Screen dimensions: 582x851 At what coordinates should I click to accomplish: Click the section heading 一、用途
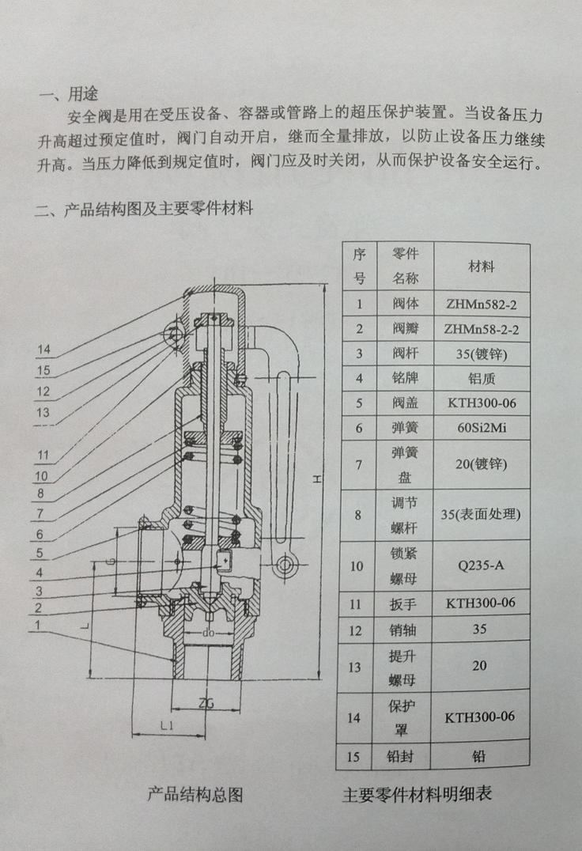pos(68,94)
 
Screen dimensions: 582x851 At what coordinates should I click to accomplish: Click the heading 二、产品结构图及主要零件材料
pos(144,209)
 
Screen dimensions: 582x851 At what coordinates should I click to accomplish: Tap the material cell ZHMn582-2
pos(481,304)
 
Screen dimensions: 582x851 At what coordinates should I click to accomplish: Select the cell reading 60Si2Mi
pos(481,428)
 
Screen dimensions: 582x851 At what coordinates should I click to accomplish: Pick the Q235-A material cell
pos(481,565)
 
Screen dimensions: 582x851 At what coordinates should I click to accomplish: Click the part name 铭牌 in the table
pos(405,378)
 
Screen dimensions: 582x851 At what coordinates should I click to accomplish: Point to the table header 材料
pos(481,267)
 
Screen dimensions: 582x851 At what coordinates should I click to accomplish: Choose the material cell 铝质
pos(481,378)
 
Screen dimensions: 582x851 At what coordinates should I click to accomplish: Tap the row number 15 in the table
pos(353,756)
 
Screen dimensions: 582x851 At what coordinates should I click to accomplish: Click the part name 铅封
pos(400,755)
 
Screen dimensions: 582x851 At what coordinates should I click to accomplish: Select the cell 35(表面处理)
pos(481,514)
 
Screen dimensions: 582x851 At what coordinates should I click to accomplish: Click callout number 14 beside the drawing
pos(44,350)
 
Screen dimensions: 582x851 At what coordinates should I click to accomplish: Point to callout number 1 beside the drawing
pos(37,626)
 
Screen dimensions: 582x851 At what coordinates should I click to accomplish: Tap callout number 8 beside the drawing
pos(40,494)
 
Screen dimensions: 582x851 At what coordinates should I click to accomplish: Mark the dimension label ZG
pos(206,703)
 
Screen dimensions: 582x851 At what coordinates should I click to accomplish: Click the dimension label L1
pos(167,725)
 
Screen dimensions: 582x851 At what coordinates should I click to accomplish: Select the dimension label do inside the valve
pos(209,633)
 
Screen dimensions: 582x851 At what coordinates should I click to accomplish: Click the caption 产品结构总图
pos(195,795)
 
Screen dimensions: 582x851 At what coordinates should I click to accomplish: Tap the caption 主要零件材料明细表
pos(417,794)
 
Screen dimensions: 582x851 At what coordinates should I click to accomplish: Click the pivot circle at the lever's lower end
pos(284,565)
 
